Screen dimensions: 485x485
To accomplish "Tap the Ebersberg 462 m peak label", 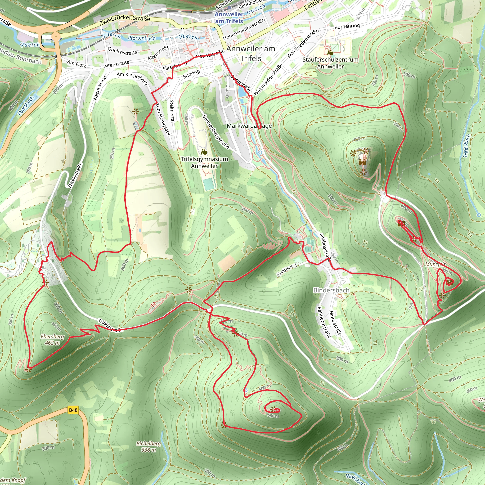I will (53, 340).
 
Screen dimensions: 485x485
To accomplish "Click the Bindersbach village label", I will (331, 290).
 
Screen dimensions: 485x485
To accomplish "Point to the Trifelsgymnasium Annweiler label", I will (204, 162).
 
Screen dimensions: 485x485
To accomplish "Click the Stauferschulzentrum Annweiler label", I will (330, 63).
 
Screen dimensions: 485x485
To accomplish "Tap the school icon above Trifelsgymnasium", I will (204, 152).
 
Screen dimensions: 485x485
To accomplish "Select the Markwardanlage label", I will (249, 126).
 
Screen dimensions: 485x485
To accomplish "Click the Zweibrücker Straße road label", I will (125, 21).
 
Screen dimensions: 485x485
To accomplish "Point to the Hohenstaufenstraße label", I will (244, 29).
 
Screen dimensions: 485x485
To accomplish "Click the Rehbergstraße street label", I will (324, 322).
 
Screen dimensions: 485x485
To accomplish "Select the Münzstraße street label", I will (335, 323).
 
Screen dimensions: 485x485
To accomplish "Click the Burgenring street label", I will (347, 26).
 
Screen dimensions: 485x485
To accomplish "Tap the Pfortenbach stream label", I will (142, 38).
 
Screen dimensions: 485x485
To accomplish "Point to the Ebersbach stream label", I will (26, 106).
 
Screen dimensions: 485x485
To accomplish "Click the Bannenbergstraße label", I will (216, 132).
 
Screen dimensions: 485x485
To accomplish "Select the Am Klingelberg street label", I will (132, 78).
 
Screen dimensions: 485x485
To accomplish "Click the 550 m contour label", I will (273, 416).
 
